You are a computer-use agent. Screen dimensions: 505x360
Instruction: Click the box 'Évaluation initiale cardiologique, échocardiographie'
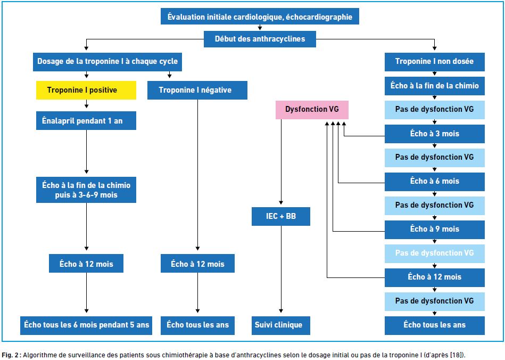260,17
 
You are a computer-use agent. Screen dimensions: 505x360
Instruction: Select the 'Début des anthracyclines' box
260,39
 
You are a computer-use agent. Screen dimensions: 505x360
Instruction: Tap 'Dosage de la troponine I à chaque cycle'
107,62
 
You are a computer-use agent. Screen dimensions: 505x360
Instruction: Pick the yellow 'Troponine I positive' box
86,90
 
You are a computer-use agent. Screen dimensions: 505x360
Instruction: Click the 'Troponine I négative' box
197,90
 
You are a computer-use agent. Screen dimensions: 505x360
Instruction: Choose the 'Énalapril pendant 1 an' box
86,121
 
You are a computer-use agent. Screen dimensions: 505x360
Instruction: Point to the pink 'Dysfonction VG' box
312,110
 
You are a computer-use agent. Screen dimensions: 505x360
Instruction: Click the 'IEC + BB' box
281,216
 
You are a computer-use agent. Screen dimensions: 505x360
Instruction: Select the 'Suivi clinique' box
281,325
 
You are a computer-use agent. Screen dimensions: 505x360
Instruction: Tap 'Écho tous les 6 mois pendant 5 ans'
86,325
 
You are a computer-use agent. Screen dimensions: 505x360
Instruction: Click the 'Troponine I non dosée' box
434,62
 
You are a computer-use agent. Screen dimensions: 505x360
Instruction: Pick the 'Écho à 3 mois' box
434,134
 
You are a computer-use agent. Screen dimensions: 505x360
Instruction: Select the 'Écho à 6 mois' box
434,182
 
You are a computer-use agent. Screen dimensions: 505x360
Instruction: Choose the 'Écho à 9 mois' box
434,230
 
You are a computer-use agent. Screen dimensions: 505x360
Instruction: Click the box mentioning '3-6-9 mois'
86,190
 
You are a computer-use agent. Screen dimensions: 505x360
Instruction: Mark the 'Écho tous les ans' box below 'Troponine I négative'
197,325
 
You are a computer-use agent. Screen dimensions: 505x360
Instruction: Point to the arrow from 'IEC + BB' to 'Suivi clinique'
281,269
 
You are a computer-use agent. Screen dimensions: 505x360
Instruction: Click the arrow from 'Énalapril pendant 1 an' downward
86,152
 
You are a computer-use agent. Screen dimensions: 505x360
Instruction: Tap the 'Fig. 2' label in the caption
10,355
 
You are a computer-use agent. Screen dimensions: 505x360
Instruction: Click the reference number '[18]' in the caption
458,355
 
